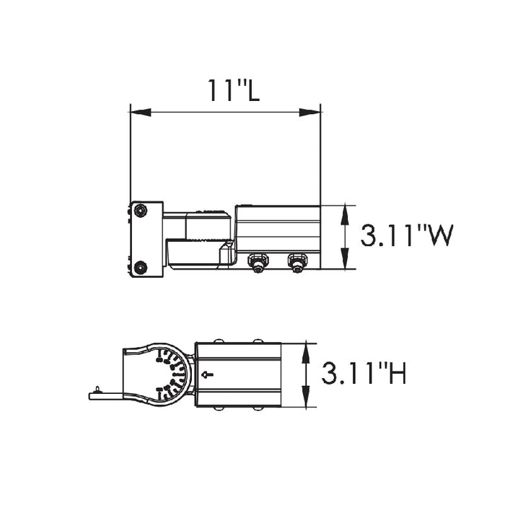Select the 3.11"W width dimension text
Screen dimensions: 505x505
click(x=407, y=236)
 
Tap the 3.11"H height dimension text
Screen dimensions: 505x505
click(x=364, y=374)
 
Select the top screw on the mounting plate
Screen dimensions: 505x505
click(x=140, y=211)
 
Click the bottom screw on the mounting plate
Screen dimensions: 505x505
click(x=140, y=267)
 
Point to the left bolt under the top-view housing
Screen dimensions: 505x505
click(x=257, y=263)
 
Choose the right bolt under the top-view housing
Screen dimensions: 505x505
click(x=296, y=263)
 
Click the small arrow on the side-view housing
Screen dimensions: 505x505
click(x=209, y=374)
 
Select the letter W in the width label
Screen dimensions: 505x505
click(x=439, y=236)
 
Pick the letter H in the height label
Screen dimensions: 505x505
click(x=396, y=374)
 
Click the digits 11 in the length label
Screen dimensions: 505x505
click(x=217, y=89)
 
